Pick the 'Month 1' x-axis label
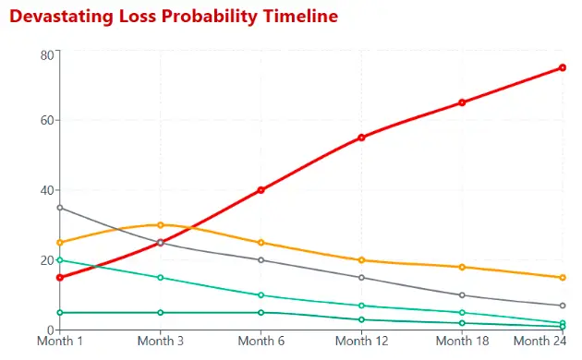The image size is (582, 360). click(x=60, y=342)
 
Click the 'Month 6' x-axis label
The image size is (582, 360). click(x=261, y=342)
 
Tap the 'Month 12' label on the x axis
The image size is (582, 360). click(x=361, y=342)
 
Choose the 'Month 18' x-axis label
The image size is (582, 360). click(x=462, y=342)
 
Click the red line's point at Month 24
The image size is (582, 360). click(x=563, y=67)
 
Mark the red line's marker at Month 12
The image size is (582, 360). click(x=361, y=138)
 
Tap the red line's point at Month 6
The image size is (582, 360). click(x=261, y=190)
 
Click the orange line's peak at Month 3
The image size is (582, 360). click(x=161, y=225)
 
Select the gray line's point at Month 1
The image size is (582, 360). click(x=60, y=208)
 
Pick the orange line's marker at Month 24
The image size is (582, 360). click(x=563, y=278)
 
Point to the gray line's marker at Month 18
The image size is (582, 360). click(x=462, y=295)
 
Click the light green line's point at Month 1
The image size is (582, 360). click(x=60, y=260)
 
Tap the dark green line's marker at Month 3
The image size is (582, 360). click(x=161, y=313)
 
